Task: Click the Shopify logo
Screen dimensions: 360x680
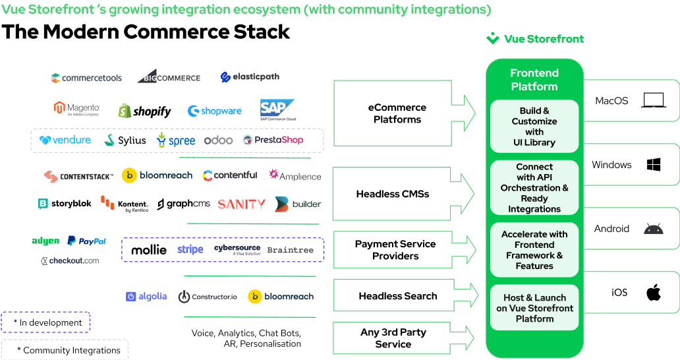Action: [x=144, y=111]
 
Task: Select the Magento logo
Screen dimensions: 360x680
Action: [x=76, y=109]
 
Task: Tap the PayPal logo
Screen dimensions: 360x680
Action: [x=86, y=241]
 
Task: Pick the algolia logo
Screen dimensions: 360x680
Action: [x=146, y=297]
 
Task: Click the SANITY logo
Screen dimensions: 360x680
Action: [x=241, y=204]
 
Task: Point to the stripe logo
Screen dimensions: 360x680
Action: [x=190, y=250]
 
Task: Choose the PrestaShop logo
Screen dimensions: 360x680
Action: [x=273, y=140]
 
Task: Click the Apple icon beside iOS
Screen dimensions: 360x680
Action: [x=653, y=292]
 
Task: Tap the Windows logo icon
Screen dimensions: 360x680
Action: [x=654, y=165]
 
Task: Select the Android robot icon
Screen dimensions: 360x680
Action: [x=654, y=229]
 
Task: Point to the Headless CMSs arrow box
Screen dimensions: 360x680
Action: [x=403, y=194]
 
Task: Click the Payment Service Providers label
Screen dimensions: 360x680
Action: [x=395, y=250]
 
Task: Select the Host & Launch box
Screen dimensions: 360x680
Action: [x=534, y=308]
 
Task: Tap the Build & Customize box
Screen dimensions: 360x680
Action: [x=534, y=127]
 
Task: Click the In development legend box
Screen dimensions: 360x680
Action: [x=45, y=322]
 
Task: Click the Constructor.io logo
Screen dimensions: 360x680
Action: [x=208, y=297]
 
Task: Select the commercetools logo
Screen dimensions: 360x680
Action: [x=86, y=78]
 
